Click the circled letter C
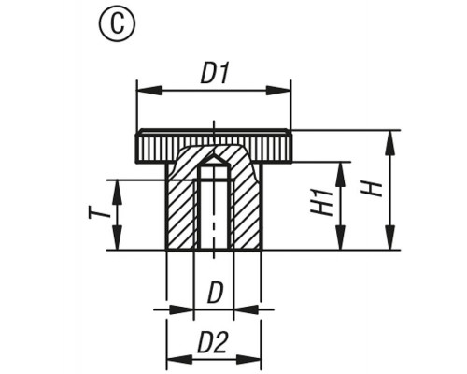coord(118,24)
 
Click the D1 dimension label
coord(216,74)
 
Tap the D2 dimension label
coord(213,342)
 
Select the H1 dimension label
coord(321,203)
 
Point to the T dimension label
coord(99,213)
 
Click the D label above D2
coord(216,293)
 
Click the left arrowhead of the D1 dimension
coord(149,91)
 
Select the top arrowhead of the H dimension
coord(389,143)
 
